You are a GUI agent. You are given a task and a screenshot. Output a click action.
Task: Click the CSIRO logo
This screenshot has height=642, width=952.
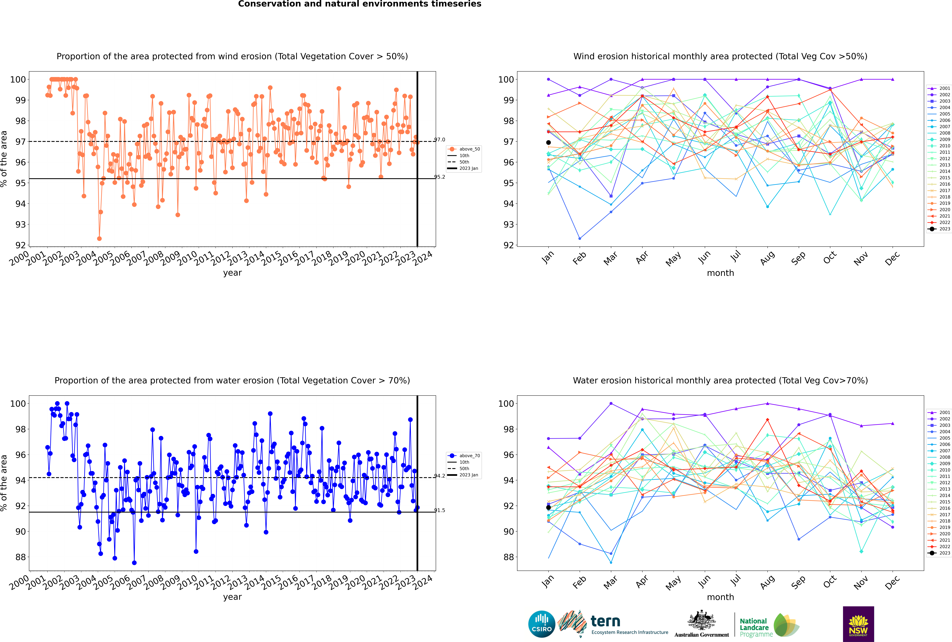click(541, 624)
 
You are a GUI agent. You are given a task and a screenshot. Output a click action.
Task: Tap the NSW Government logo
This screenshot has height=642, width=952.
click(858, 624)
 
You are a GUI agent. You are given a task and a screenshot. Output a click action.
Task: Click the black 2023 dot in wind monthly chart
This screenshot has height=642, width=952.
click(548, 142)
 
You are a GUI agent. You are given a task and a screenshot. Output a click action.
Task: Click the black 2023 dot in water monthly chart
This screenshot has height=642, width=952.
click(548, 508)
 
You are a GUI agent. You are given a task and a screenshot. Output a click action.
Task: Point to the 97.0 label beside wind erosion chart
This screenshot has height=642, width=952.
click(440, 140)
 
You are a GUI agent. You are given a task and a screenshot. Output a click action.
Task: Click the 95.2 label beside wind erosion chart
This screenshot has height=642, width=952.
click(440, 177)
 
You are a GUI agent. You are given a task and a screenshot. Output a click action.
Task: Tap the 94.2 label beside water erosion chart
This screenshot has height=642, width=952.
click(440, 476)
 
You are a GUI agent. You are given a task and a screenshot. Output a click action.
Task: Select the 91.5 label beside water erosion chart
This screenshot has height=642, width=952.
click(440, 510)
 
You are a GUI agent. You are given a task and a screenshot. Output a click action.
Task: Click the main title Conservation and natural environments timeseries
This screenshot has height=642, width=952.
click(359, 4)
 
